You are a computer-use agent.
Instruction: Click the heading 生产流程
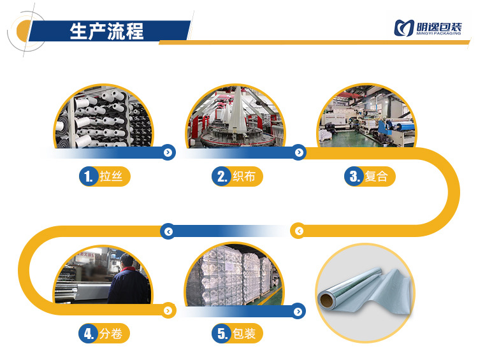106,31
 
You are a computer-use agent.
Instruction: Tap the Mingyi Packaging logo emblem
404,28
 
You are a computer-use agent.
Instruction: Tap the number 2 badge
221,176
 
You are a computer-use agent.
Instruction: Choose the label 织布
245,176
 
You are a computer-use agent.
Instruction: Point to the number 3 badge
354,176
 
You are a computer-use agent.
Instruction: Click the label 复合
377,176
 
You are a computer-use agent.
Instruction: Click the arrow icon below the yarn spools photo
168,152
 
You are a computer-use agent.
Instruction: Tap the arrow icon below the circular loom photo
298,152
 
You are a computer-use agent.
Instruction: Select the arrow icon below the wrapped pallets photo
298,311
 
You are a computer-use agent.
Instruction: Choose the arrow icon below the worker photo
168,311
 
